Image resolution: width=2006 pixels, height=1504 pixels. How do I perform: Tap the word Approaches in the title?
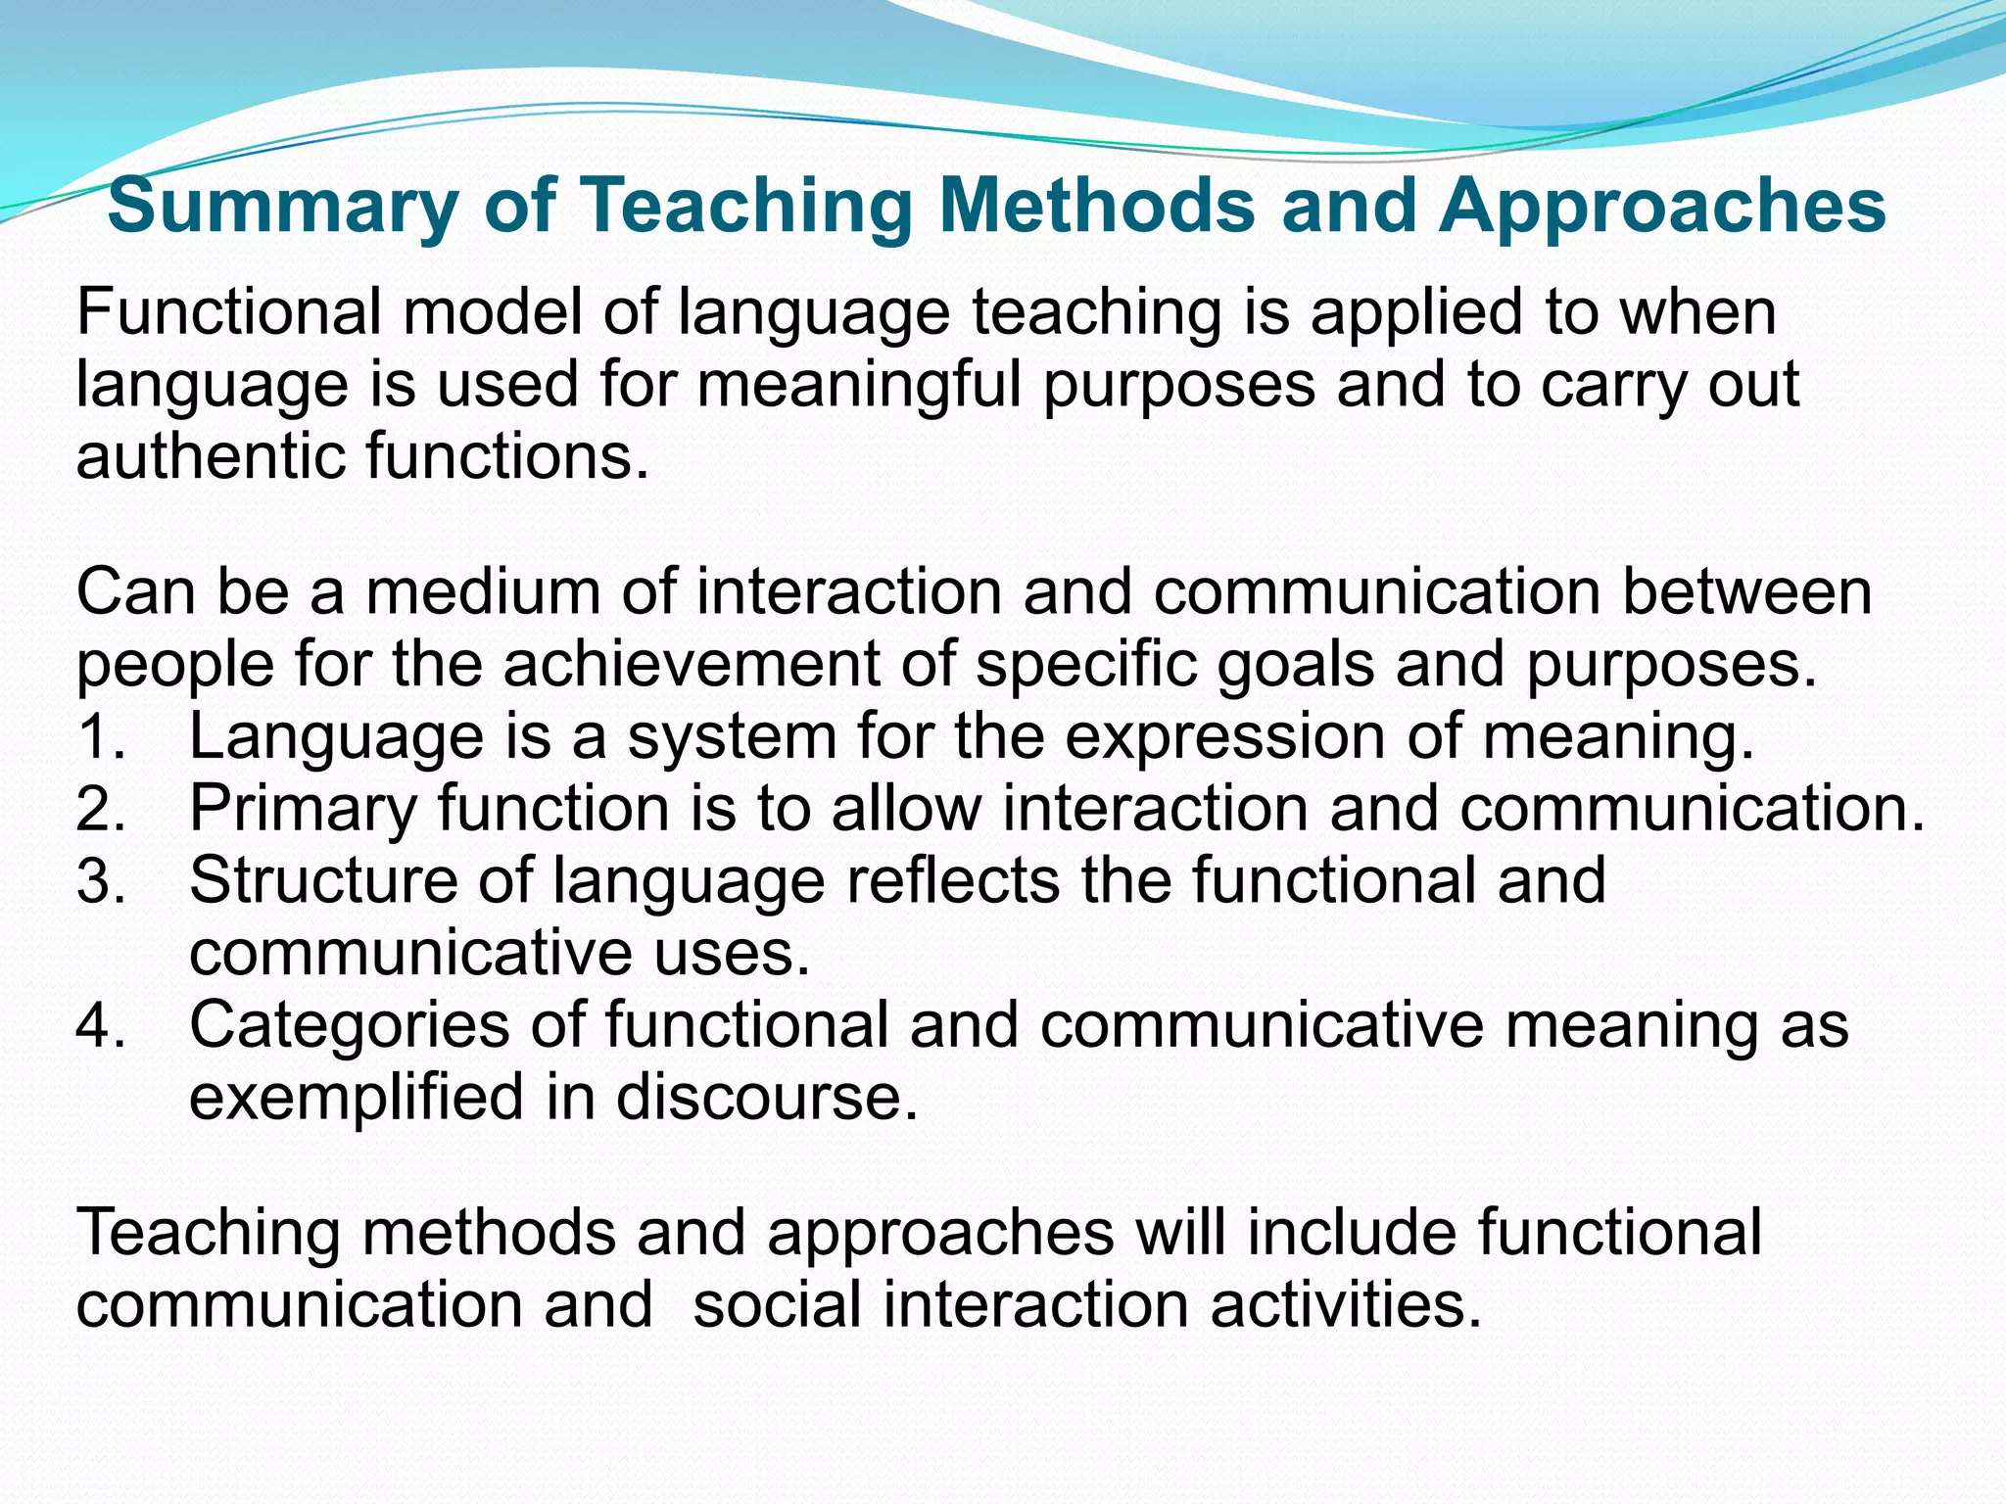[1661, 208]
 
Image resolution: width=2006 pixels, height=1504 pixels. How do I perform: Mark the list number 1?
[100, 738]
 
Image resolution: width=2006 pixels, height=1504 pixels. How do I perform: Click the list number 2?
[100, 811]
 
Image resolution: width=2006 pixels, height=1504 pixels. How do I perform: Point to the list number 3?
[100, 882]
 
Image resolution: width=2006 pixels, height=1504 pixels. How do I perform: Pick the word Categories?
[349, 1025]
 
